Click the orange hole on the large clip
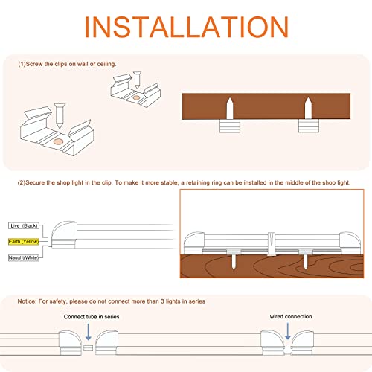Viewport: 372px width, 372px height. point(59,141)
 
